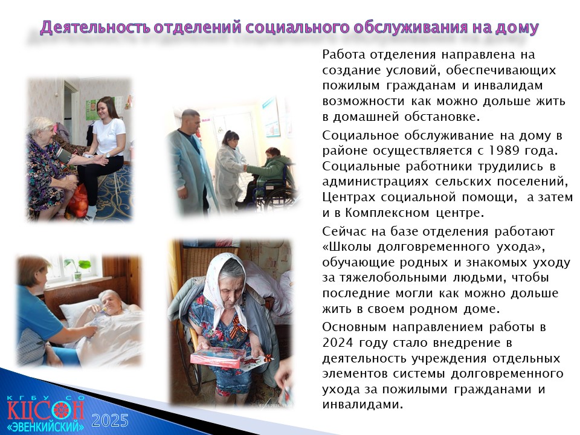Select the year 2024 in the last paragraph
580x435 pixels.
[x=338, y=343]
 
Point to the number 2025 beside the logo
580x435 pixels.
[x=110, y=420]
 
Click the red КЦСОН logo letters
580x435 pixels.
[x=45, y=410]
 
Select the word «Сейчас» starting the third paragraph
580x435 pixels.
[x=345, y=231]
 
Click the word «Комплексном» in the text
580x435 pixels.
[x=388, y=213]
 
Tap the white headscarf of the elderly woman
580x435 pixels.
[x=225, y=285]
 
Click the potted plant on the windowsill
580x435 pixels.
[x=78, y=268]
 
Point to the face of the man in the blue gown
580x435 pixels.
[x=192, y=121]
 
